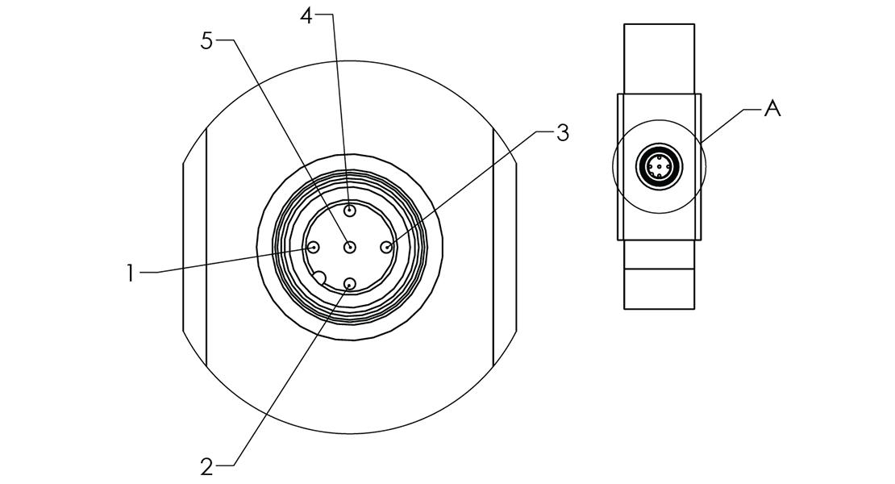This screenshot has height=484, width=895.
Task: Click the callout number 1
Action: pyautogui.click(x=129, y=273)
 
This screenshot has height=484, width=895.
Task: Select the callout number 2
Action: pyautogui.click(x=207, y=466)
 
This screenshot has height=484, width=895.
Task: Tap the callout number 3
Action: pyautogui.click(x=562, y=133)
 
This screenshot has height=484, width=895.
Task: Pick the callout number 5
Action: pyautogui.click(x=207, y=41)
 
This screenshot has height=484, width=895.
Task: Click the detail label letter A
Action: pyautogui.click(x=772, y=109)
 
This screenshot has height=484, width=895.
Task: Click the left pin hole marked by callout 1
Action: pyautogui.click(x=314, y=248)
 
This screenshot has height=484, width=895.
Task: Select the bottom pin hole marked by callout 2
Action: pyautogui.click(x=350, y=283)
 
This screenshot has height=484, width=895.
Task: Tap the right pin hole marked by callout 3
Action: pyautogui.click(x=387, y=248)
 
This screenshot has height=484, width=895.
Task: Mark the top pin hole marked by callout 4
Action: pyautogui.click(x=350, y=211)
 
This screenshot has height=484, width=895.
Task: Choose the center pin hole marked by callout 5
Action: pyautogui.click(x=350, y=248)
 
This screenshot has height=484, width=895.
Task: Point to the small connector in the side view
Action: pyautogui.click(x=660, y=168)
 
